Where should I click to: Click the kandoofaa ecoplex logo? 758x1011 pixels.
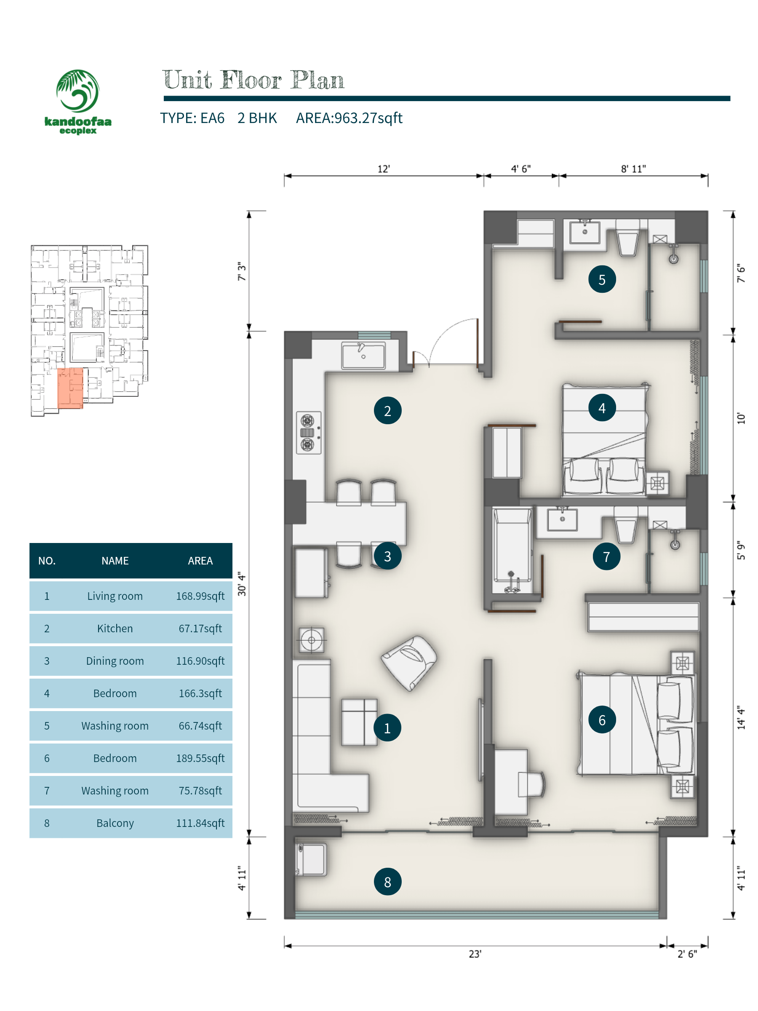(77, 102)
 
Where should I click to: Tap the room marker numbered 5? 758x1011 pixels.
(602, 279)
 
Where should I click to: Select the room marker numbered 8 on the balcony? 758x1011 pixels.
(387, 882)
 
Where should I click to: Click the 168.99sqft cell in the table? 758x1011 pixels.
(200, 596)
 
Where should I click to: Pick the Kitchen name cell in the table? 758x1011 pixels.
(115, 629)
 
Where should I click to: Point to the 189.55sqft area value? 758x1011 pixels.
(200, 758)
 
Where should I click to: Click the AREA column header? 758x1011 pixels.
(200, 561)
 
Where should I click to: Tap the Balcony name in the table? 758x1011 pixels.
(115, 823)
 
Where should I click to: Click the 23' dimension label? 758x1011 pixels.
(475, 954)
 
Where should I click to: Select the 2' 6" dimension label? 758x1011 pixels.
(687, 954)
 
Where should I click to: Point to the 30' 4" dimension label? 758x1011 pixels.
(242, 584)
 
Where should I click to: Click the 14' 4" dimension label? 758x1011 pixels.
(741, 717)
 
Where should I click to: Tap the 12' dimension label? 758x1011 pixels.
(384, 169)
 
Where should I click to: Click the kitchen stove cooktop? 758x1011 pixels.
(309, 432)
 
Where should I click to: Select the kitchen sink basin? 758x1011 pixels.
(363, 355)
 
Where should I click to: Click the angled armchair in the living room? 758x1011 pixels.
(409, 663)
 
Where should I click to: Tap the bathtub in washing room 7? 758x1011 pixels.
(512, 551)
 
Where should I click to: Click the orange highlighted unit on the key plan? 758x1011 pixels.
(70, 388)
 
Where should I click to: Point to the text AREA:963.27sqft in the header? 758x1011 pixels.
(349, 118)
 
